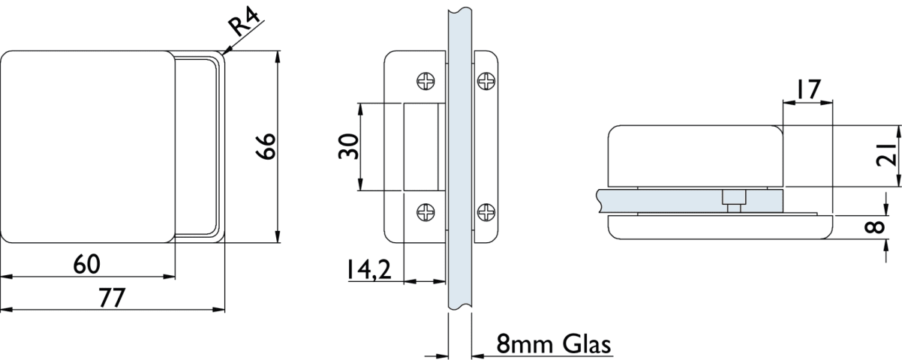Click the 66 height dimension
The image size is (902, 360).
[x=266, y=146]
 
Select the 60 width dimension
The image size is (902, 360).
[x=86, y=264]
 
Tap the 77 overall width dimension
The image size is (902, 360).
[x=113, y=298]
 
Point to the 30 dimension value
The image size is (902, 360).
[x=349, y=146]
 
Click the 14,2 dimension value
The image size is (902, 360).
[x=369, y=269]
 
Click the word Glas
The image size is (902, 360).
[x=587, y=344]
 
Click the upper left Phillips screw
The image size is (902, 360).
[x=425, y=81]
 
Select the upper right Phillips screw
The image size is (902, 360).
[x=486, y=81]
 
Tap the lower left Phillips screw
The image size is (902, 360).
[x=425, y=212]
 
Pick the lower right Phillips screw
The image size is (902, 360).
[x=486, y=212]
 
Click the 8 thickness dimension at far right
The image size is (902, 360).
[x=875, y=226]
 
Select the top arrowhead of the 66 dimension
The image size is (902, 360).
[x=278, y=57]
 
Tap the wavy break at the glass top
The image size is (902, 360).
[x=460, y=10]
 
